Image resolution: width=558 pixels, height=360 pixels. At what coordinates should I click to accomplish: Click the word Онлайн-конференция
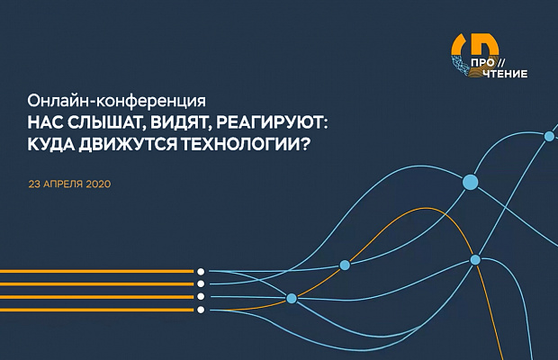tap(117, 102)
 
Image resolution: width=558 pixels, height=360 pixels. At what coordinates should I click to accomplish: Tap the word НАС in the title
tap(45, 123)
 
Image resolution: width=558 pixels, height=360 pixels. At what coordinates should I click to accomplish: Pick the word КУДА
tap(51, 144)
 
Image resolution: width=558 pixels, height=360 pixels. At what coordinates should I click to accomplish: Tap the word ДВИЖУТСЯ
tap(128, 144)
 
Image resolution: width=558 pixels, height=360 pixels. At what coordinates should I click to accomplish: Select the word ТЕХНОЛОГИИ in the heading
tap(239, 144)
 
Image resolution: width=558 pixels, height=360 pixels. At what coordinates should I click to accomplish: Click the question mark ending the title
tap(302, 144)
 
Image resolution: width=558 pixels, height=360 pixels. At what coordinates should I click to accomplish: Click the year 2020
tap(98, 184)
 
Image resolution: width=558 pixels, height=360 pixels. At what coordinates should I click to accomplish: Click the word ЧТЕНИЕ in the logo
tap(505, 74)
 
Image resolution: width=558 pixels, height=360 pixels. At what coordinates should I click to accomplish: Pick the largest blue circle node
tap(470, 182)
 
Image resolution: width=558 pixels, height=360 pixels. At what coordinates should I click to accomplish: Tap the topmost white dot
tap(201, 272)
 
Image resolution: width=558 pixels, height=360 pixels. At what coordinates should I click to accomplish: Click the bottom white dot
tap(201, 310)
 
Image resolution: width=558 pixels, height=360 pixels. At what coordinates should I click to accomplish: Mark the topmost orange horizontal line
tap(97, 272)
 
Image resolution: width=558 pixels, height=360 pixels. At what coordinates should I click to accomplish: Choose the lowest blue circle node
tap(292, 298)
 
